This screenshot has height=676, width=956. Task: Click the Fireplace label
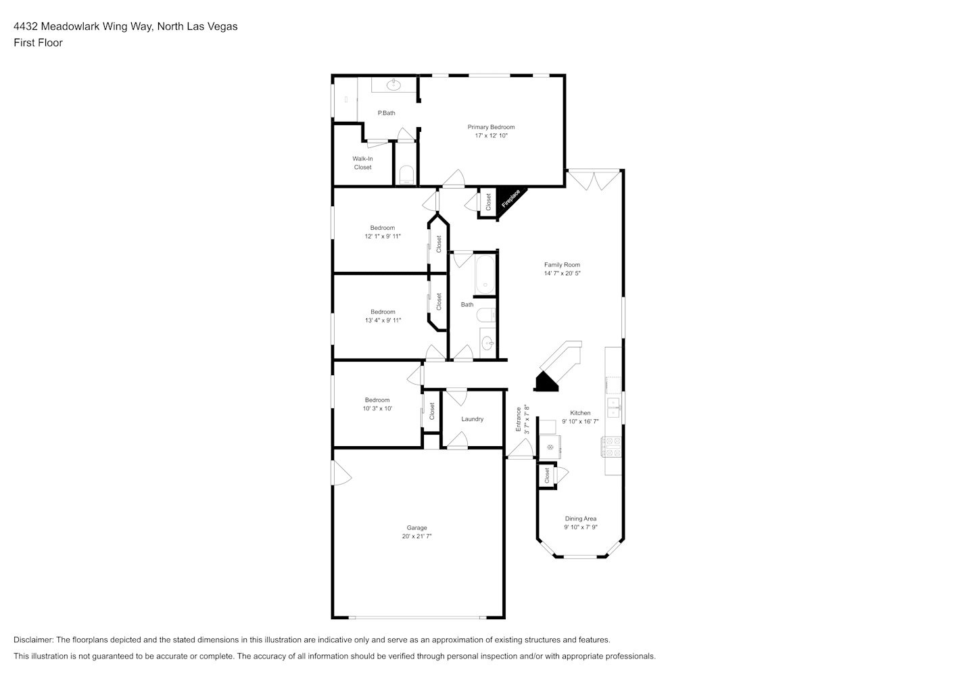point(511,199)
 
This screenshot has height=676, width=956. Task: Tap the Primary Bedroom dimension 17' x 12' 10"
point(492,136)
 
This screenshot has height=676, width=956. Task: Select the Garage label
point(416,528)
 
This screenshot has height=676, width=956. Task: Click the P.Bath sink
point(393,85)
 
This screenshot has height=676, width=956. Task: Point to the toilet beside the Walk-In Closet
point(406,175)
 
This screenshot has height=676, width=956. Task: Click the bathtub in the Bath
point(485,274)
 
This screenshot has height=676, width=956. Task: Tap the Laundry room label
point(473,419)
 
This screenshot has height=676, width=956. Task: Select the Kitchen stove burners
point(611,447)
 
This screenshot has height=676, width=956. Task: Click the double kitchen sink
point(613,407)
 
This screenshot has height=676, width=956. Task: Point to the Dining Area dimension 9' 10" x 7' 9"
point(581,527)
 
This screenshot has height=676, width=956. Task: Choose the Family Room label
point(562,264)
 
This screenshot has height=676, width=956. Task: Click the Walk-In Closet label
point(362,163)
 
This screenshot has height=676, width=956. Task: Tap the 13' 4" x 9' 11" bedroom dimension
point(383,320)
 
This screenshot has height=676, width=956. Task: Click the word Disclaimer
point(33,639)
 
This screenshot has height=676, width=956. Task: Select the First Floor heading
point(38,43)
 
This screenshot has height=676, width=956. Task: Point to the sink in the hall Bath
point(487,342)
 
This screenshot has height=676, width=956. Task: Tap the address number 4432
point(26,26)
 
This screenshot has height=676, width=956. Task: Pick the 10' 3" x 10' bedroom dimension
point(377,408)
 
